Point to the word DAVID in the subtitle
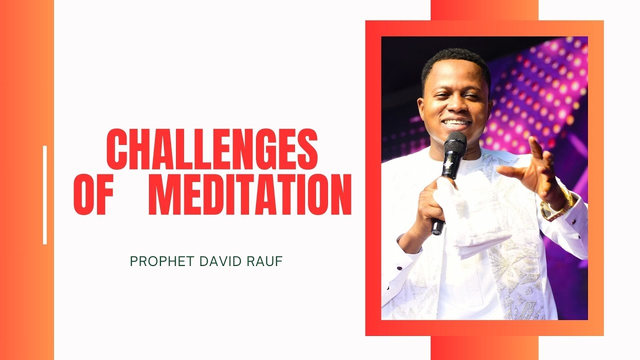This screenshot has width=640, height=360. pyautogui.click(x=217, y=261)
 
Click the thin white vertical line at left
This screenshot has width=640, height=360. pyautogui.click(x=45, y=195)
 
